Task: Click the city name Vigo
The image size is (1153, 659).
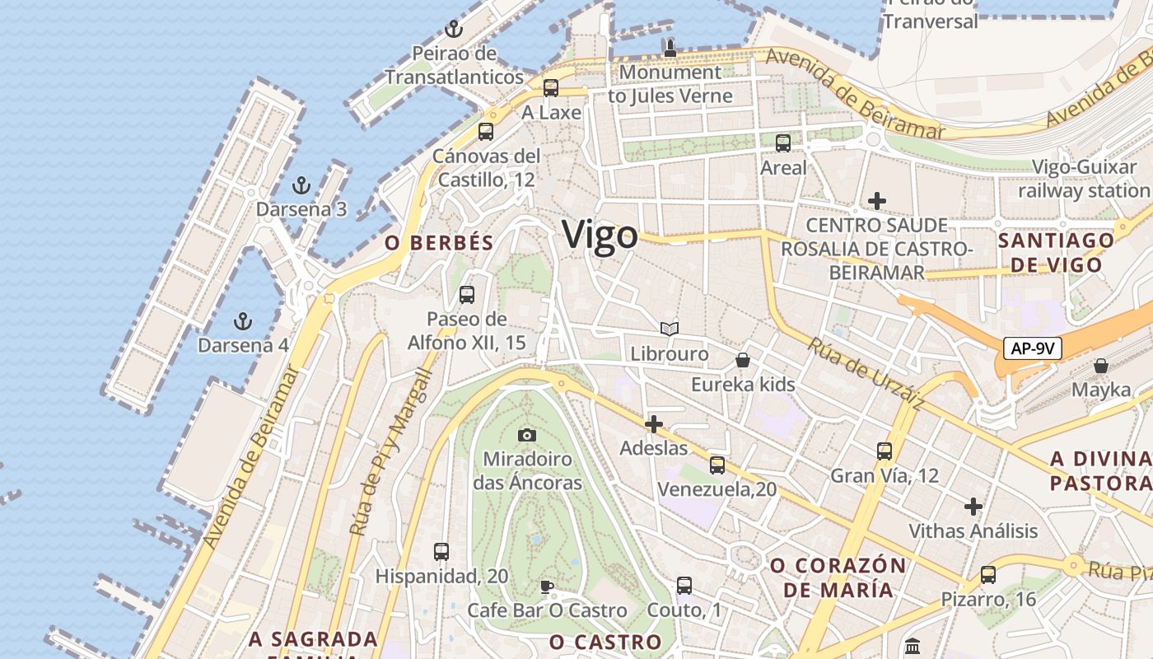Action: pos(600,236)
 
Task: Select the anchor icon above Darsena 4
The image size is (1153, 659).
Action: pos(242,320)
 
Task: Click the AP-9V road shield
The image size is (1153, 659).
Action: pos(1033,348)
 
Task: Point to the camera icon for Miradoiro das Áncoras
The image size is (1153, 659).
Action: pos(527,434)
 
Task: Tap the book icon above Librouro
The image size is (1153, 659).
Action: pos(670,329)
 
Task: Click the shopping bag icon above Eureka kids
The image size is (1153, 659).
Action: pos(743,360)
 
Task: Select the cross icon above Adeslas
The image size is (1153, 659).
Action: pos(654,424)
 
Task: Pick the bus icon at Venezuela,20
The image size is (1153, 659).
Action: pos(717,465)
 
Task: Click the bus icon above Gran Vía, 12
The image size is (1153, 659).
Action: pos(885,451)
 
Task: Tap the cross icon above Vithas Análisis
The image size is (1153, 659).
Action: pos(973,506)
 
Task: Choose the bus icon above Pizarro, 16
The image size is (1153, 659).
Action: pos(988,574)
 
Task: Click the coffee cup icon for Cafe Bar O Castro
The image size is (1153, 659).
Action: pos(546,587)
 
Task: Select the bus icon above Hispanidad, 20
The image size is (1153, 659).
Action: pos(441,551)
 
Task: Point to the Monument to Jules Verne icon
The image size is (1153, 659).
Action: pos(670,49)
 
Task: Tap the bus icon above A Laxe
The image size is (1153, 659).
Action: pos(551,87)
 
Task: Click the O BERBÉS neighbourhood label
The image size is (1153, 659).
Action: pos(439,243)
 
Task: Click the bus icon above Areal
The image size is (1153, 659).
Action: pos(783,143)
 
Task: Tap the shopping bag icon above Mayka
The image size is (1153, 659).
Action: pos(1101,365)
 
